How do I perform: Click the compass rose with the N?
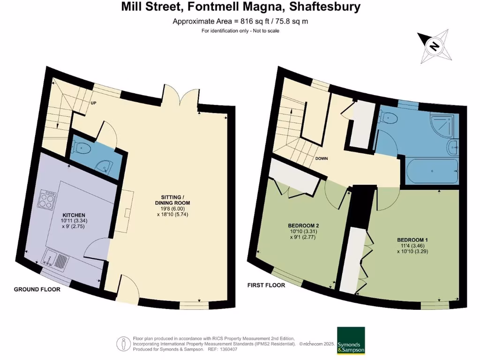tap(435, 46)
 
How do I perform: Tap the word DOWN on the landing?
tap(321, 158)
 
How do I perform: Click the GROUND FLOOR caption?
tap(37, 289)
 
